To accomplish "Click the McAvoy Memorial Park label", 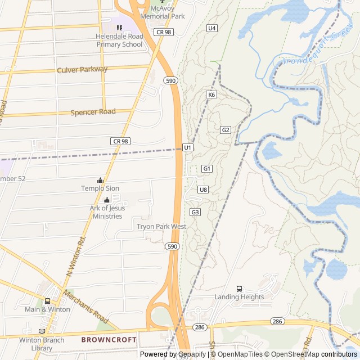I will (x=163, y=13).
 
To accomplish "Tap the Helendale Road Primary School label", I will (x=119, y=40).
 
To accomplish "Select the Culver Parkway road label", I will (x=82, y=69).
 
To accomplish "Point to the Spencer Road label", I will (x=93, y=112).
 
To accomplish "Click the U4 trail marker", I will (x=212, y=28).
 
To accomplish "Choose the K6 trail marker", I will (x=211, y=94).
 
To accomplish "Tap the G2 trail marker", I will (x=226, y=130).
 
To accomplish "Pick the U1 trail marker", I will (x=188, y=147).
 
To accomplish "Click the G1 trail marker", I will (x=206, y=169).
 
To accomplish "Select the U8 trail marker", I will (x=203, y=190).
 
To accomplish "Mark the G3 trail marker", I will (x=195, y=212).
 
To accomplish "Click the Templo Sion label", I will (x=100, y=188).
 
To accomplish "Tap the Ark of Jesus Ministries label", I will (x=107, y=213).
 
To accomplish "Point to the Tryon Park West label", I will (x=161, y=227).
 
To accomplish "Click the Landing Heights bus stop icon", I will (x=239, y=289).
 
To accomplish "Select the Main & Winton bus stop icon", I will (x=47, y=301).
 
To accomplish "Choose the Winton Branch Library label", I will (x=43, y=344).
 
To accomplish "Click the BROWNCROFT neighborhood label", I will (x=109, y=340).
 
